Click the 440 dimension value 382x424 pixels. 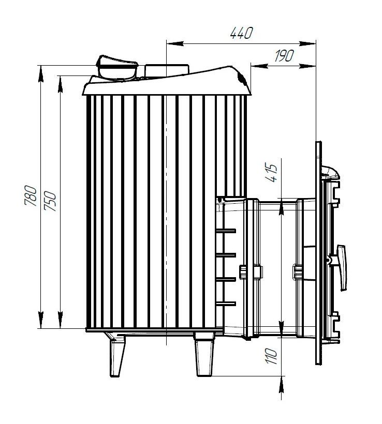point(241,33)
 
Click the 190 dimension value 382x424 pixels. point(284,55)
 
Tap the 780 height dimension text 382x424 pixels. point(31,195)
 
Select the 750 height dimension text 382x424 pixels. point(50,201)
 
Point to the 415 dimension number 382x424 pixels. point(272,172)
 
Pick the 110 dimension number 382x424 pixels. point(272,356)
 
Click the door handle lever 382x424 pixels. point(342,267)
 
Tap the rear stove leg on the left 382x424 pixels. point(117,356)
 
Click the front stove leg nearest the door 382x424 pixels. point(204,354)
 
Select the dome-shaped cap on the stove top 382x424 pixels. point(117,68)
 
